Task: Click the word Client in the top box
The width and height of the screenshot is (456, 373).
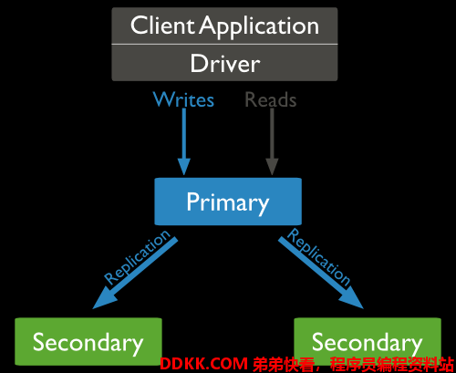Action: point(162,26)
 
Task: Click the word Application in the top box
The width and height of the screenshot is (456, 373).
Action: point(259,27)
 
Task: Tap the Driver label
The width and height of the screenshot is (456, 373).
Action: point(225,63)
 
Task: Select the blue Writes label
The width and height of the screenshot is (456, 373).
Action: point(183,99)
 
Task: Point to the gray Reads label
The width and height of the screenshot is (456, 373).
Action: point(271,99)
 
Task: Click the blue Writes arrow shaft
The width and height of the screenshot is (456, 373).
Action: point(184,133)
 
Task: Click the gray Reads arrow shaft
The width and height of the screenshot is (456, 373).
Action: point(272,133)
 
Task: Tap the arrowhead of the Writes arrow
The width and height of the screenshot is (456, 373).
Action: point(184,167)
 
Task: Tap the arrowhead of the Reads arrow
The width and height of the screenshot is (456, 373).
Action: point(272,167)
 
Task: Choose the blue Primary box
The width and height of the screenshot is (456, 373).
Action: point(228,202)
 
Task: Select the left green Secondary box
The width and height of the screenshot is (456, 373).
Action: point(88,342)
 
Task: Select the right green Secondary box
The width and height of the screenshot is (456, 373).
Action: point(368,342)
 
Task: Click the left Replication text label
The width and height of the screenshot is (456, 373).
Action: point(137,257)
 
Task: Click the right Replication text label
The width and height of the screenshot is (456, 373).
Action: point(318,257)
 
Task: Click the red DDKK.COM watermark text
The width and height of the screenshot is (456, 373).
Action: point(204,364)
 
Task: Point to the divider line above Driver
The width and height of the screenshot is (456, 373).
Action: point(224,45)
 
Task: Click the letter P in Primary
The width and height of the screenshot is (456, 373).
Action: point(192,201)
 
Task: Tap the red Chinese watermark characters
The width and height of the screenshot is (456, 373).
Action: point(353,364)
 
